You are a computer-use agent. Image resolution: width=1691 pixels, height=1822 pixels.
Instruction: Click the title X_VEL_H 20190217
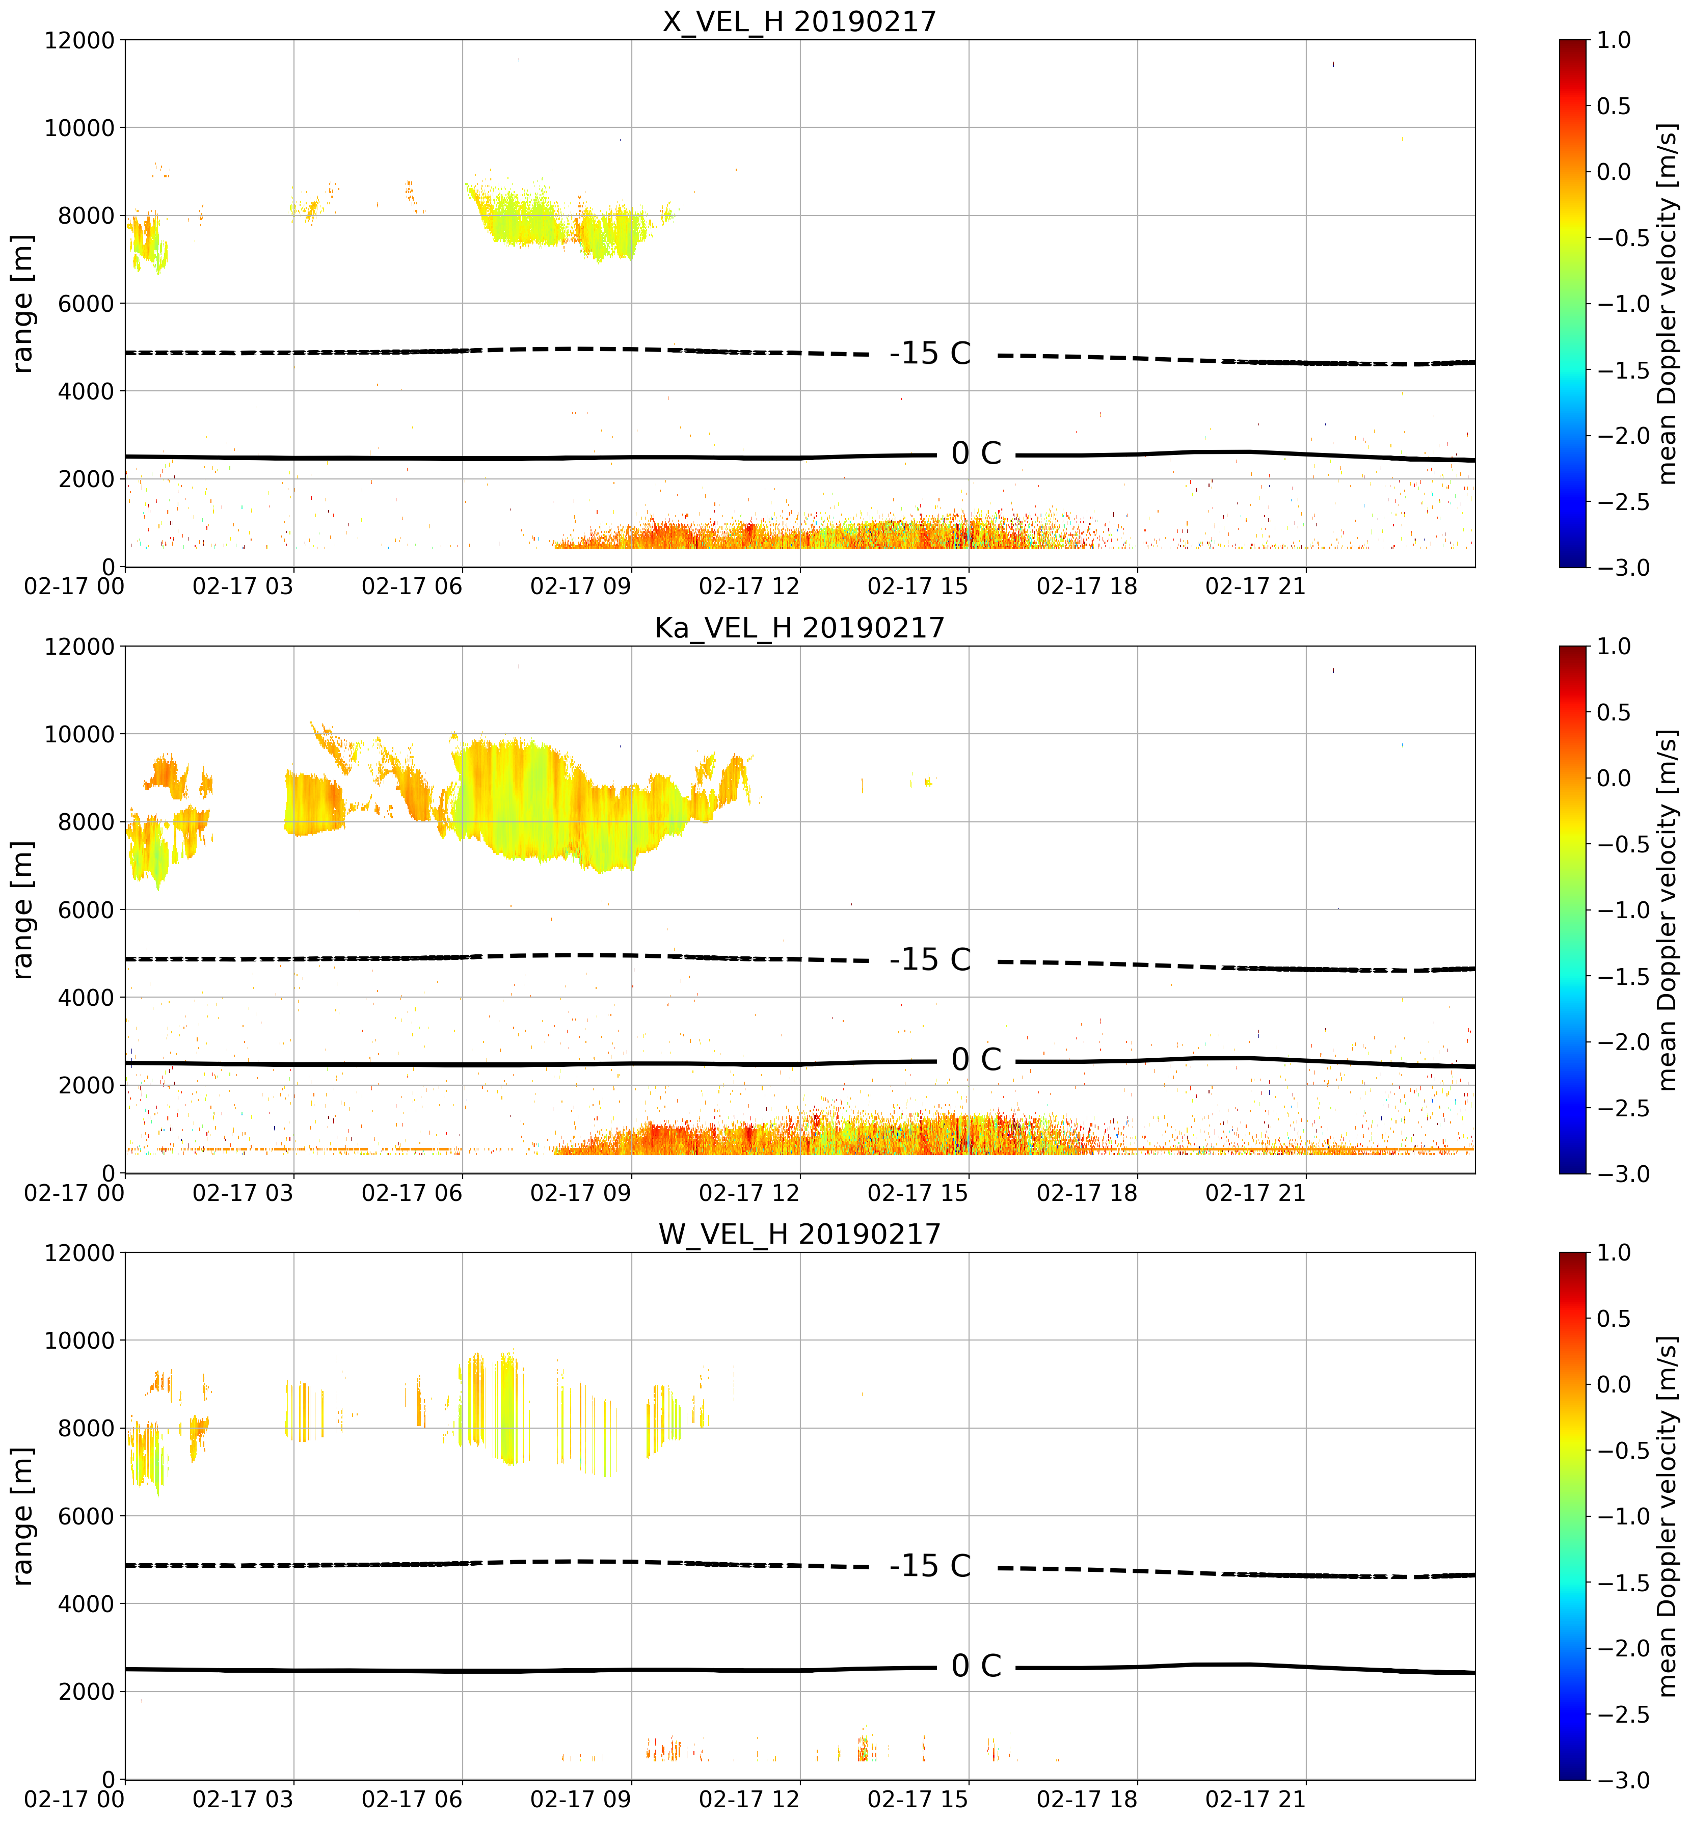coord(800,21)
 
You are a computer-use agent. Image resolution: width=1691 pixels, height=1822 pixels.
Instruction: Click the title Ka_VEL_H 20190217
coord(800,628)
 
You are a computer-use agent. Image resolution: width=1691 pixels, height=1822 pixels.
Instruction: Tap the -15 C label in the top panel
coord(930,353)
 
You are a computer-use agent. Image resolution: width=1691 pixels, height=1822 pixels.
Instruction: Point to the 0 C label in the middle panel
coord(976,1060)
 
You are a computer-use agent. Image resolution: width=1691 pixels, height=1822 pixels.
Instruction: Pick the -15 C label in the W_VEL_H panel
coord(930,1566)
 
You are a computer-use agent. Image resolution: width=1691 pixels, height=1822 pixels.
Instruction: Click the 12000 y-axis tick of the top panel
coord(78,40)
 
